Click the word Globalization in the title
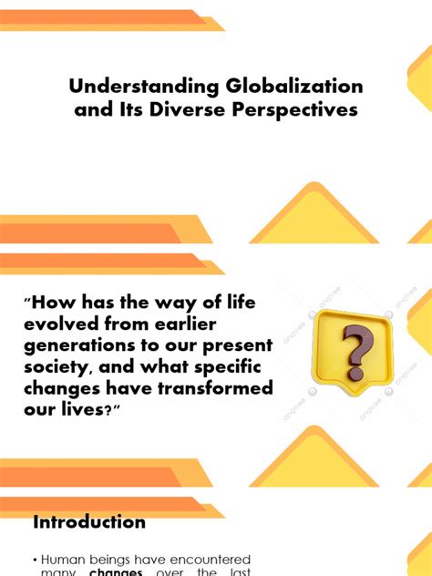[x=291, y=87]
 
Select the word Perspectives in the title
[x=294, y=110]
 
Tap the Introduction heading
[x=89, y=522]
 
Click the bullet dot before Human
[x=35, y=559]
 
